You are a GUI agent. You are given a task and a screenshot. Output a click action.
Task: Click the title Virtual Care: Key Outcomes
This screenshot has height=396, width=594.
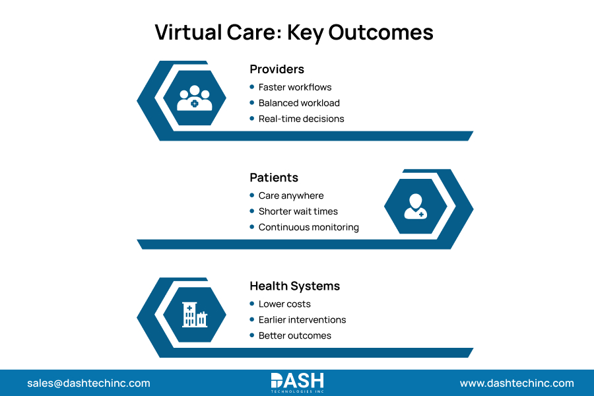(x=294, y=32)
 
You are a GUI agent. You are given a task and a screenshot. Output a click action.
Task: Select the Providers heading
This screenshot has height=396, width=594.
(x=277, y=69)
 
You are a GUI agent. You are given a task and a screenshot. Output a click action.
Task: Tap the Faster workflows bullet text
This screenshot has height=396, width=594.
(x=295, y=87)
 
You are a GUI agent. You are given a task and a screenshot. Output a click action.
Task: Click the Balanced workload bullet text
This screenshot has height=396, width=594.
(x=299, y=103)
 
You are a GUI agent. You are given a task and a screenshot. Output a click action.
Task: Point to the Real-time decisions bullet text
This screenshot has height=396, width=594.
(x=301, y=119)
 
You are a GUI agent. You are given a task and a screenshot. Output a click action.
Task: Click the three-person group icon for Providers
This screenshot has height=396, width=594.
(x=195, y=98)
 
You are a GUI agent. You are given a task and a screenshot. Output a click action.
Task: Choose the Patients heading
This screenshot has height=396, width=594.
(x=274, y=178)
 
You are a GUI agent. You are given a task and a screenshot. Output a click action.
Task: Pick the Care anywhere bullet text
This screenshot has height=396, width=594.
(x=291, y=195)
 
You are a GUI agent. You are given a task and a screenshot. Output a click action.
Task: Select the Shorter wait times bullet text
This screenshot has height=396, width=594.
(x=298, y=211)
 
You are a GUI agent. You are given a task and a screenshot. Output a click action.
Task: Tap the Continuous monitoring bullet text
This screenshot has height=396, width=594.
(x=308, y=227)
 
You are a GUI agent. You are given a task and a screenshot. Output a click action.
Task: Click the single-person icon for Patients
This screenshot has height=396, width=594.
(x=415, y=206)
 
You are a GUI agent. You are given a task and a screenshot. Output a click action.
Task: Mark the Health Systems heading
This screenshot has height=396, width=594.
(x=294, y=286)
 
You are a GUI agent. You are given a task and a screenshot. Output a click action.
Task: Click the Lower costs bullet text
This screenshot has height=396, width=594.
(x=284, y=304)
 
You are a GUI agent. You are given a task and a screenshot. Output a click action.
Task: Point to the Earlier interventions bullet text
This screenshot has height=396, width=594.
(x=302, y=319)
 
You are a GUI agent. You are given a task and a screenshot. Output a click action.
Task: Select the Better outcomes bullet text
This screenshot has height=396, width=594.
(x=294, y=335)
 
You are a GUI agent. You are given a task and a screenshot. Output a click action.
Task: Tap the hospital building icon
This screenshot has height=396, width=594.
(x=195, y=314)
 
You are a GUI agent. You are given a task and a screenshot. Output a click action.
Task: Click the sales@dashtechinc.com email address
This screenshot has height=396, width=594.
(x=88, y=383)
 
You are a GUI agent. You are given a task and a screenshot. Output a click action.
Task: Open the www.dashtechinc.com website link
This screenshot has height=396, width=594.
(x=517, y=383)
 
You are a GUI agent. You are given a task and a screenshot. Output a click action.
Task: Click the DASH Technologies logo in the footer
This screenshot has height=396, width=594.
(x=297, y=383)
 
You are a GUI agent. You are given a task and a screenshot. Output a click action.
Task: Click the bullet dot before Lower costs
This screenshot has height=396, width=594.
(x=251, y=304)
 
